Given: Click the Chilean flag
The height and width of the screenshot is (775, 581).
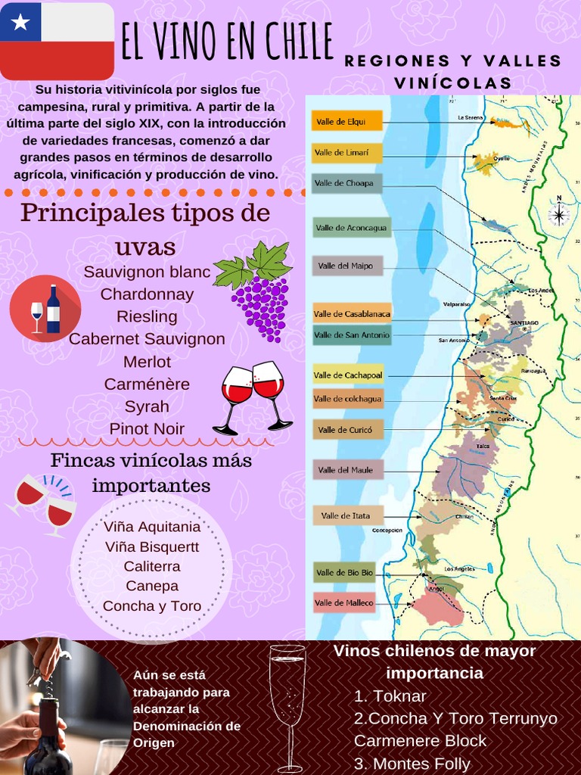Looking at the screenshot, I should [57, 41].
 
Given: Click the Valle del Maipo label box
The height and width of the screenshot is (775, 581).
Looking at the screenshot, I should [347, 266].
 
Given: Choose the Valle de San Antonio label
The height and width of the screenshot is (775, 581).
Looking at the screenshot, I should [352, 335].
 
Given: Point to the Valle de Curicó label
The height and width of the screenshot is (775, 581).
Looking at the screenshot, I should [348, 430].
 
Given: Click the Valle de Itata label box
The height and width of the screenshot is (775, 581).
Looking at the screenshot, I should [348, 515].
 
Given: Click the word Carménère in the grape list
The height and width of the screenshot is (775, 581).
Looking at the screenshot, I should [147, 384].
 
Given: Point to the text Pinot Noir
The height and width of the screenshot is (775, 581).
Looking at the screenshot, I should [147, 429].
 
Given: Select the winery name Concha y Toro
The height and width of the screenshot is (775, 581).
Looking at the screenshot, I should [152, 606].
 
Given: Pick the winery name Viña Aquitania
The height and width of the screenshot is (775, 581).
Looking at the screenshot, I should [152, 527].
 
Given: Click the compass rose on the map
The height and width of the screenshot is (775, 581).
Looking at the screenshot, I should [559, 213].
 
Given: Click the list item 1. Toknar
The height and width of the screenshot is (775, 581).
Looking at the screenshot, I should [390, 696].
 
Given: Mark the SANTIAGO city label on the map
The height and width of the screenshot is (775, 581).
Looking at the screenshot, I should [524, 323].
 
